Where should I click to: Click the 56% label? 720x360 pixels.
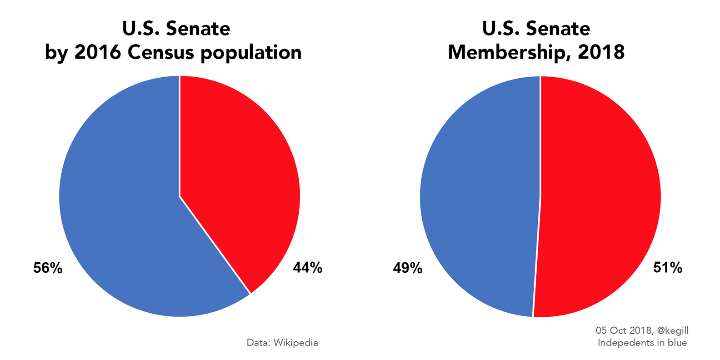48,268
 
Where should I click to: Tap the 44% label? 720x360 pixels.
308,268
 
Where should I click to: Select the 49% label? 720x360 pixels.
407,269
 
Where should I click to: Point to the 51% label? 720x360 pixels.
668,268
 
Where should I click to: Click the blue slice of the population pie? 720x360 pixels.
123,205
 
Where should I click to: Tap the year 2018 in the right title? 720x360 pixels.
601,52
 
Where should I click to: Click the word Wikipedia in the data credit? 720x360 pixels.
295,343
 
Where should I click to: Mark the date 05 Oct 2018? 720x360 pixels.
623,331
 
